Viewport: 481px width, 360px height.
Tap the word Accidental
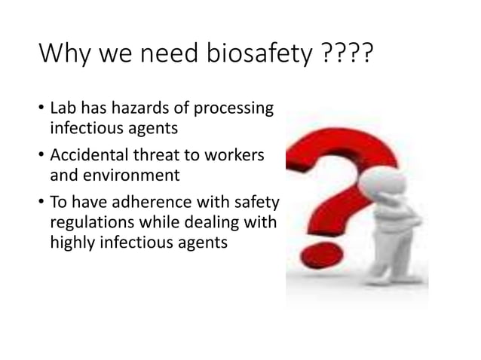89,157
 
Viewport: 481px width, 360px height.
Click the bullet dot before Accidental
41,157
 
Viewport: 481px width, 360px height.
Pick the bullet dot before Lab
41,111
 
